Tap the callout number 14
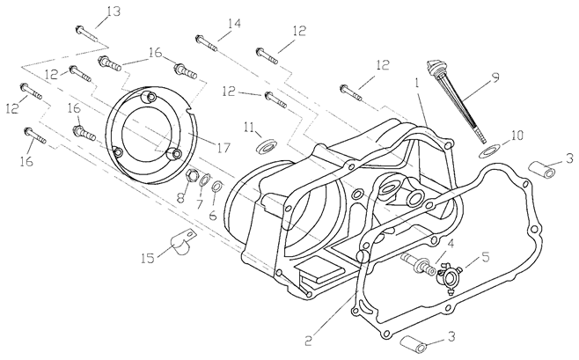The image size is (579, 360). (x=232, y=23)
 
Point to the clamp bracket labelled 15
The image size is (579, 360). (x=183, y=239)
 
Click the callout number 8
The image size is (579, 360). (x=181, y=198)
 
